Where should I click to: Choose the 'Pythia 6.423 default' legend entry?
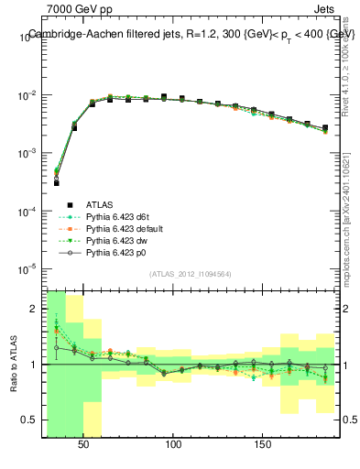point(130,229)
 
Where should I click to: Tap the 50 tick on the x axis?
point(83,443)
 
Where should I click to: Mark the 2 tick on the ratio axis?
point(36,309)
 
